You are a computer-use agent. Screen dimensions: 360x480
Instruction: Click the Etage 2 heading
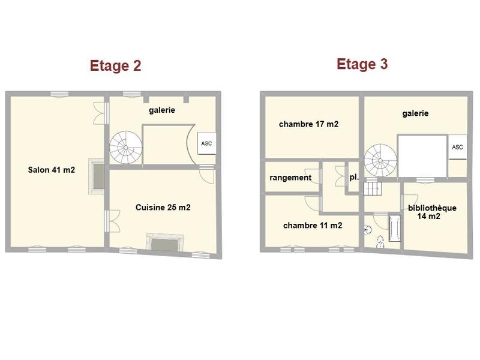click(x=115, y=65)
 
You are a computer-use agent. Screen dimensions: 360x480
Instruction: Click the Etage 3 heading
click(x=362, y=64)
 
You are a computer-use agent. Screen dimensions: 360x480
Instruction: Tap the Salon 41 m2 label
click(x=51, y=170)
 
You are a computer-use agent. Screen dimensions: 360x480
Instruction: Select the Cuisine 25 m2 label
click(x=163, y=208)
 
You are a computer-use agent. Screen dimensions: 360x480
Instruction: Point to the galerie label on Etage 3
click(x=415, y=113)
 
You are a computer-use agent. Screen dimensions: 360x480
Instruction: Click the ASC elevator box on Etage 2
click(x=206, y=144)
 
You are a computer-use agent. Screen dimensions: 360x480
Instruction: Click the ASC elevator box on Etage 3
click(x=457, y=147)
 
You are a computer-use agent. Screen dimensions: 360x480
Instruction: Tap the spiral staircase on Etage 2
click(x=126, y=148)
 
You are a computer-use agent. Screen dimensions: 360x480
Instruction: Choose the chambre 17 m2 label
click(x=308, y=124)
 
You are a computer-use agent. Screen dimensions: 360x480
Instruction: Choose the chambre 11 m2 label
click(x=313, y=226)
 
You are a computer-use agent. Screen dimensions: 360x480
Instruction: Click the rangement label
click(x=290, y=178)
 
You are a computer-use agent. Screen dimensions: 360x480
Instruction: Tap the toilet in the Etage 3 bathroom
click(x=380, y=242)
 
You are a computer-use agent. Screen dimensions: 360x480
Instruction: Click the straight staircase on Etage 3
click(x=372, y=188)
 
